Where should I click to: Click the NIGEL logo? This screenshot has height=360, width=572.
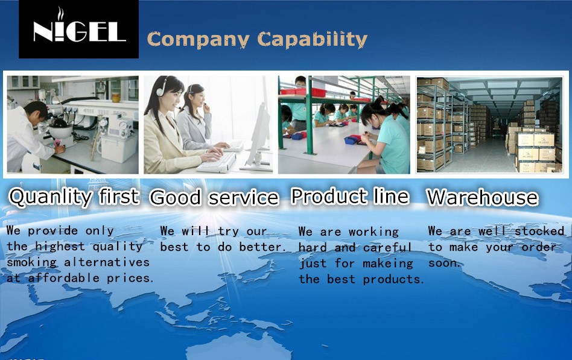click(x=79, y=29)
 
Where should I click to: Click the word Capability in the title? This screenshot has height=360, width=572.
click(x=313, y=39)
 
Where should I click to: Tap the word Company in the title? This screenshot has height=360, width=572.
click(x=199, y=40)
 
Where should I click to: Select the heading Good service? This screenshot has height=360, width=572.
click(x=214, y=197)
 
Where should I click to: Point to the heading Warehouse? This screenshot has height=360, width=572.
click(x=482, y=197)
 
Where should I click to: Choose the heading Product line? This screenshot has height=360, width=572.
click(x=350, y=196)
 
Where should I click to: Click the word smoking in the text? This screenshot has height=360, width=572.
click(x=32, y=263)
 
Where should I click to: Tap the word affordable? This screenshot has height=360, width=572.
click(x=64, y=278)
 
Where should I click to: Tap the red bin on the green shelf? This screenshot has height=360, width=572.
click(x=303, y=92)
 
